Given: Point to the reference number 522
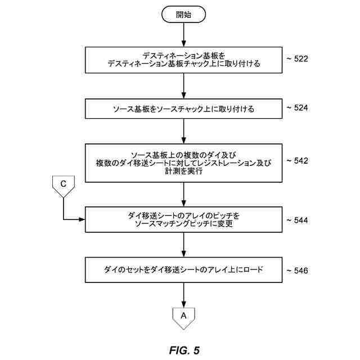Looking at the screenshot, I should pos(297,58).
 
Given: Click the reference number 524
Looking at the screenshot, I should pos(297,107).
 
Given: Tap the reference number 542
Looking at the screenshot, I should pos(297,161).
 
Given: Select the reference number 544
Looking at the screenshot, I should pos(297,220).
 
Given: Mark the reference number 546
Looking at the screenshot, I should pos(297,271).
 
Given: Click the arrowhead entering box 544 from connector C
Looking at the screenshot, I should pos(82,218).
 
